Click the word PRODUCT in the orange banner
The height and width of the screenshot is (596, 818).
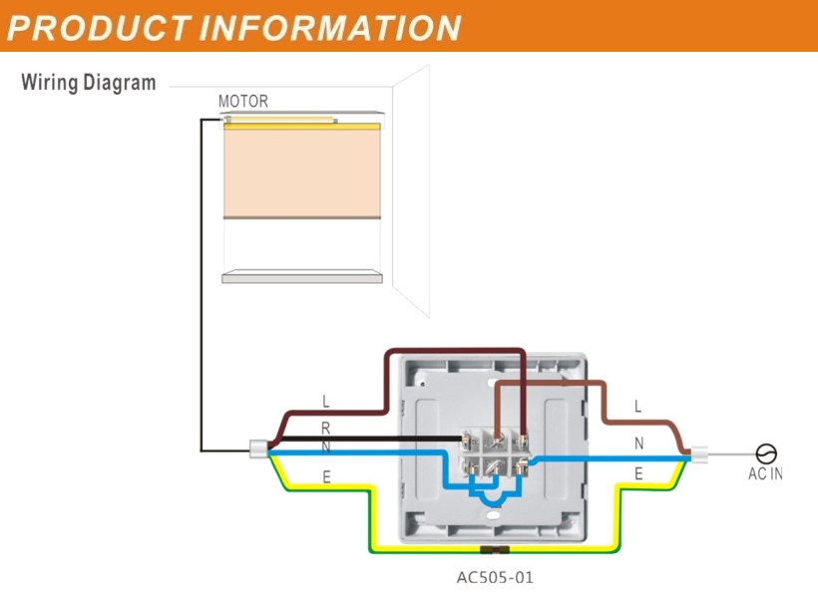98,28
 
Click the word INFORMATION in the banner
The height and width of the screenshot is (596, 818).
330,28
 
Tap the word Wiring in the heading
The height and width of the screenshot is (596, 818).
49,83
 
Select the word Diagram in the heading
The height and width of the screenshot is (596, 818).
120,83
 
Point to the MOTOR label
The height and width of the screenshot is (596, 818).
243,101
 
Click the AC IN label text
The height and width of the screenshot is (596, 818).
765,473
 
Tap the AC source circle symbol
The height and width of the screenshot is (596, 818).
766,453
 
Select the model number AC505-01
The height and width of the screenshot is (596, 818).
495,578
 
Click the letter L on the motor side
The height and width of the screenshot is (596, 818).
326,402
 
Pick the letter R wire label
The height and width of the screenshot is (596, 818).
325,429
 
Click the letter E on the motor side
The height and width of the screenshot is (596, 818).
326,477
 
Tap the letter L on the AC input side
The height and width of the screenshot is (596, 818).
637,407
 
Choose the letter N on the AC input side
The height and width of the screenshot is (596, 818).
638,444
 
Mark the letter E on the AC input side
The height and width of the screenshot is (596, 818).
638,474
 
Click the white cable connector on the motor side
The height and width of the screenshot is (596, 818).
258,448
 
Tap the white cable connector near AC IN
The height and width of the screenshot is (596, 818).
699,454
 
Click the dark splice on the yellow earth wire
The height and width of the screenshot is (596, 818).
495,549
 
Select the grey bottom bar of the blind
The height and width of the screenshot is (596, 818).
302,276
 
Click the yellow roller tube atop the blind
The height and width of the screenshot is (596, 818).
302,127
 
